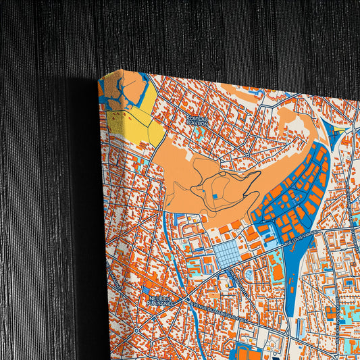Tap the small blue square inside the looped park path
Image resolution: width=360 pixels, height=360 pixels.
tap(214, 196)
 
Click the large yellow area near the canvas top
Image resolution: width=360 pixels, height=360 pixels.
tap(135, 122)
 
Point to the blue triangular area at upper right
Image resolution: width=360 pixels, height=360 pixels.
tap(335, 131)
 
